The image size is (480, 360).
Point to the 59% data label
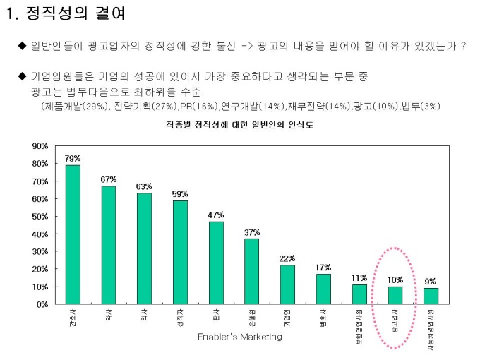click(180, 193)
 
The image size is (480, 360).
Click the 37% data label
click(252, 232)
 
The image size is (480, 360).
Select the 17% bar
click(323, 289)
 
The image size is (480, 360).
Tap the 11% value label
click(359, 277)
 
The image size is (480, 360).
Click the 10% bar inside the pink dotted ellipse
click(395, 295)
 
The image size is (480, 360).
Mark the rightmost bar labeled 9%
click(431, 296)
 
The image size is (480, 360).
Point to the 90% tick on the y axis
click(40, 146)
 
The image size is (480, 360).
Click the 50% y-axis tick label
click(40, 216)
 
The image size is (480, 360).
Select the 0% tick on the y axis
click(42, 304)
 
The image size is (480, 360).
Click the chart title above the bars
click(240, 125)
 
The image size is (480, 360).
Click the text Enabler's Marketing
click(240, 337)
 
